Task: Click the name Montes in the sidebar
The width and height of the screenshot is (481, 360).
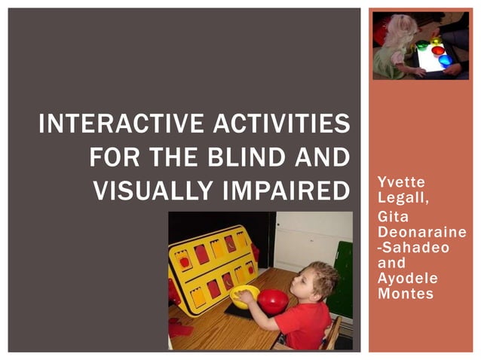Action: pos(404,294)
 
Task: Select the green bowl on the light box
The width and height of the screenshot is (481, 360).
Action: pos(423,46)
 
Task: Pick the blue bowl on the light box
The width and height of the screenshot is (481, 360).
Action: pos(445,60)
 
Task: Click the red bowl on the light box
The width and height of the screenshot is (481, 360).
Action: pos(437,50)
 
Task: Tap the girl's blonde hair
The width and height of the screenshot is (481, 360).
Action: pos(398,30)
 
